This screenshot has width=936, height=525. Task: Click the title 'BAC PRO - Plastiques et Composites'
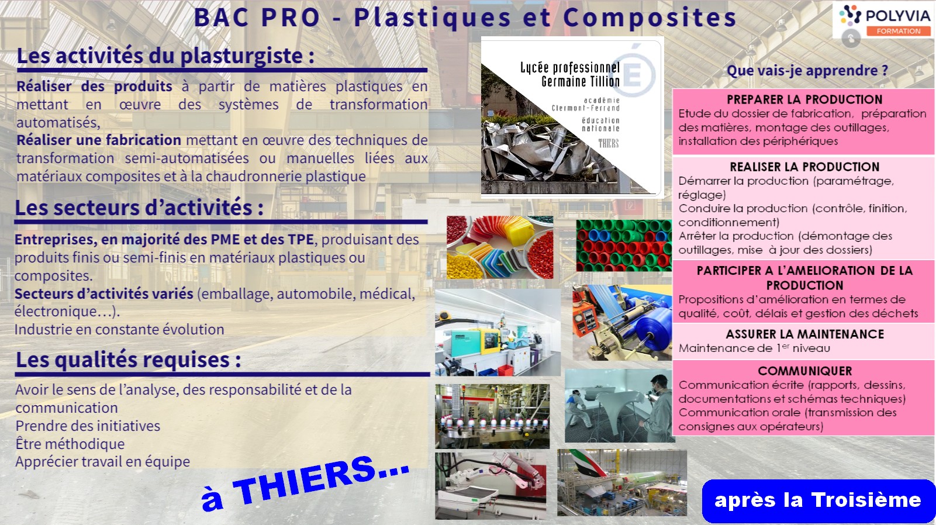click(465, 17)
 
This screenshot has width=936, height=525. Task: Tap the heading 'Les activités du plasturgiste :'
click(165, 56)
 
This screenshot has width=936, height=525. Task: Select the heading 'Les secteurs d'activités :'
click(139, 208)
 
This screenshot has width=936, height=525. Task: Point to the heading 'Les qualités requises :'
click(128, 360)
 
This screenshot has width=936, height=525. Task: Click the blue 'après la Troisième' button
click(818, 500)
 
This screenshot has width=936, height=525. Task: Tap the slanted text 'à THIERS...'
click(305, 483)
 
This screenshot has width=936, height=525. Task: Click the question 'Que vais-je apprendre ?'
click(807, 70)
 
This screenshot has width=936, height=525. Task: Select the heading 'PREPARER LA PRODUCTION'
click(804, 99)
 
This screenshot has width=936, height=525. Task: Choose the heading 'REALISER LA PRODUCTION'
click(804, 167)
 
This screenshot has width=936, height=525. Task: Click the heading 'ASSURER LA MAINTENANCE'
click(805, 334)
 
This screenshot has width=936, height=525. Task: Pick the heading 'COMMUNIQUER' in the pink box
click(805, 371)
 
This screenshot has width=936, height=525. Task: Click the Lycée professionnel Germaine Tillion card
click(572, 116)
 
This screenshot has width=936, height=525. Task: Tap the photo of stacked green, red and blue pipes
click(624, 246)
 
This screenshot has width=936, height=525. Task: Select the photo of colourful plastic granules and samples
click(500, 247)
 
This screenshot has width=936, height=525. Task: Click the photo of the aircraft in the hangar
click(622, 483)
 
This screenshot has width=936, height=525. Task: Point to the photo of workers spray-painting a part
click(620, 406)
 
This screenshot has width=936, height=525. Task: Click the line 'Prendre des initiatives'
click(88, 426)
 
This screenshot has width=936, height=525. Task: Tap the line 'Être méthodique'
click(70, 444)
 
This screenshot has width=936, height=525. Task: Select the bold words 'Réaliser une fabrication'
click(99, 140)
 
